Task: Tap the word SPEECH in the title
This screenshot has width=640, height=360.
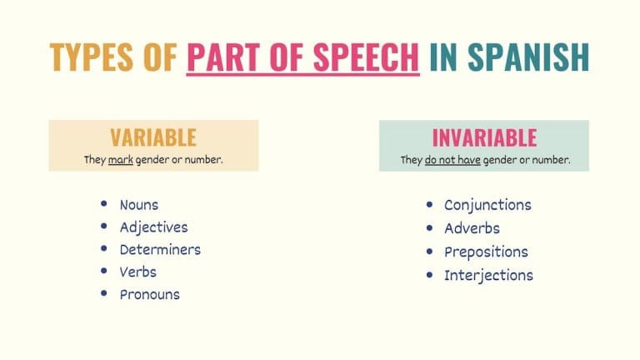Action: [x=371, y=57]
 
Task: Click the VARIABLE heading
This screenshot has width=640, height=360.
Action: [x=153, y=137]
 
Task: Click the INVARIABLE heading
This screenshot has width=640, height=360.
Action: [x=484, y=137]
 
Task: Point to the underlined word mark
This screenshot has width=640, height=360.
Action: [x=121, y=159]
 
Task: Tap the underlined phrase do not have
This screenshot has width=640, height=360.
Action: [x=452, y=159]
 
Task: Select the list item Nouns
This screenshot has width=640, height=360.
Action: [x=138, y=205]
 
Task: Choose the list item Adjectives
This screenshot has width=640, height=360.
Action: [x=153, y=227]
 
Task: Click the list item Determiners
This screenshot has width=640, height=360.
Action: [x=160, y=250]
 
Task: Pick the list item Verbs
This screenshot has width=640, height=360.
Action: [x=137, y=272]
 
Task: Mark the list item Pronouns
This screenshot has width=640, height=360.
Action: [x=149, y=294]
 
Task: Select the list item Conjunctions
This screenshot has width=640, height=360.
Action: [x=487, y=205]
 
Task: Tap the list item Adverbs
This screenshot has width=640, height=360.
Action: [x=472, y=228]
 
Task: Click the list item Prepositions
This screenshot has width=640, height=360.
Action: [x=486, y=252]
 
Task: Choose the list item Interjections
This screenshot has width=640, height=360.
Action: [x=488, y=275]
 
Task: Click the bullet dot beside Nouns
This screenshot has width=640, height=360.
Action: [x=103, y=204]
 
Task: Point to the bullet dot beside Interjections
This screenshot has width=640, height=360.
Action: [x=429, y=274]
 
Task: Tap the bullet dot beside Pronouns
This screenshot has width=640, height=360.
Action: [x=103, y=293]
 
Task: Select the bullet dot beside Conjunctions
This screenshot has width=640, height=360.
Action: [x=429, y=204]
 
